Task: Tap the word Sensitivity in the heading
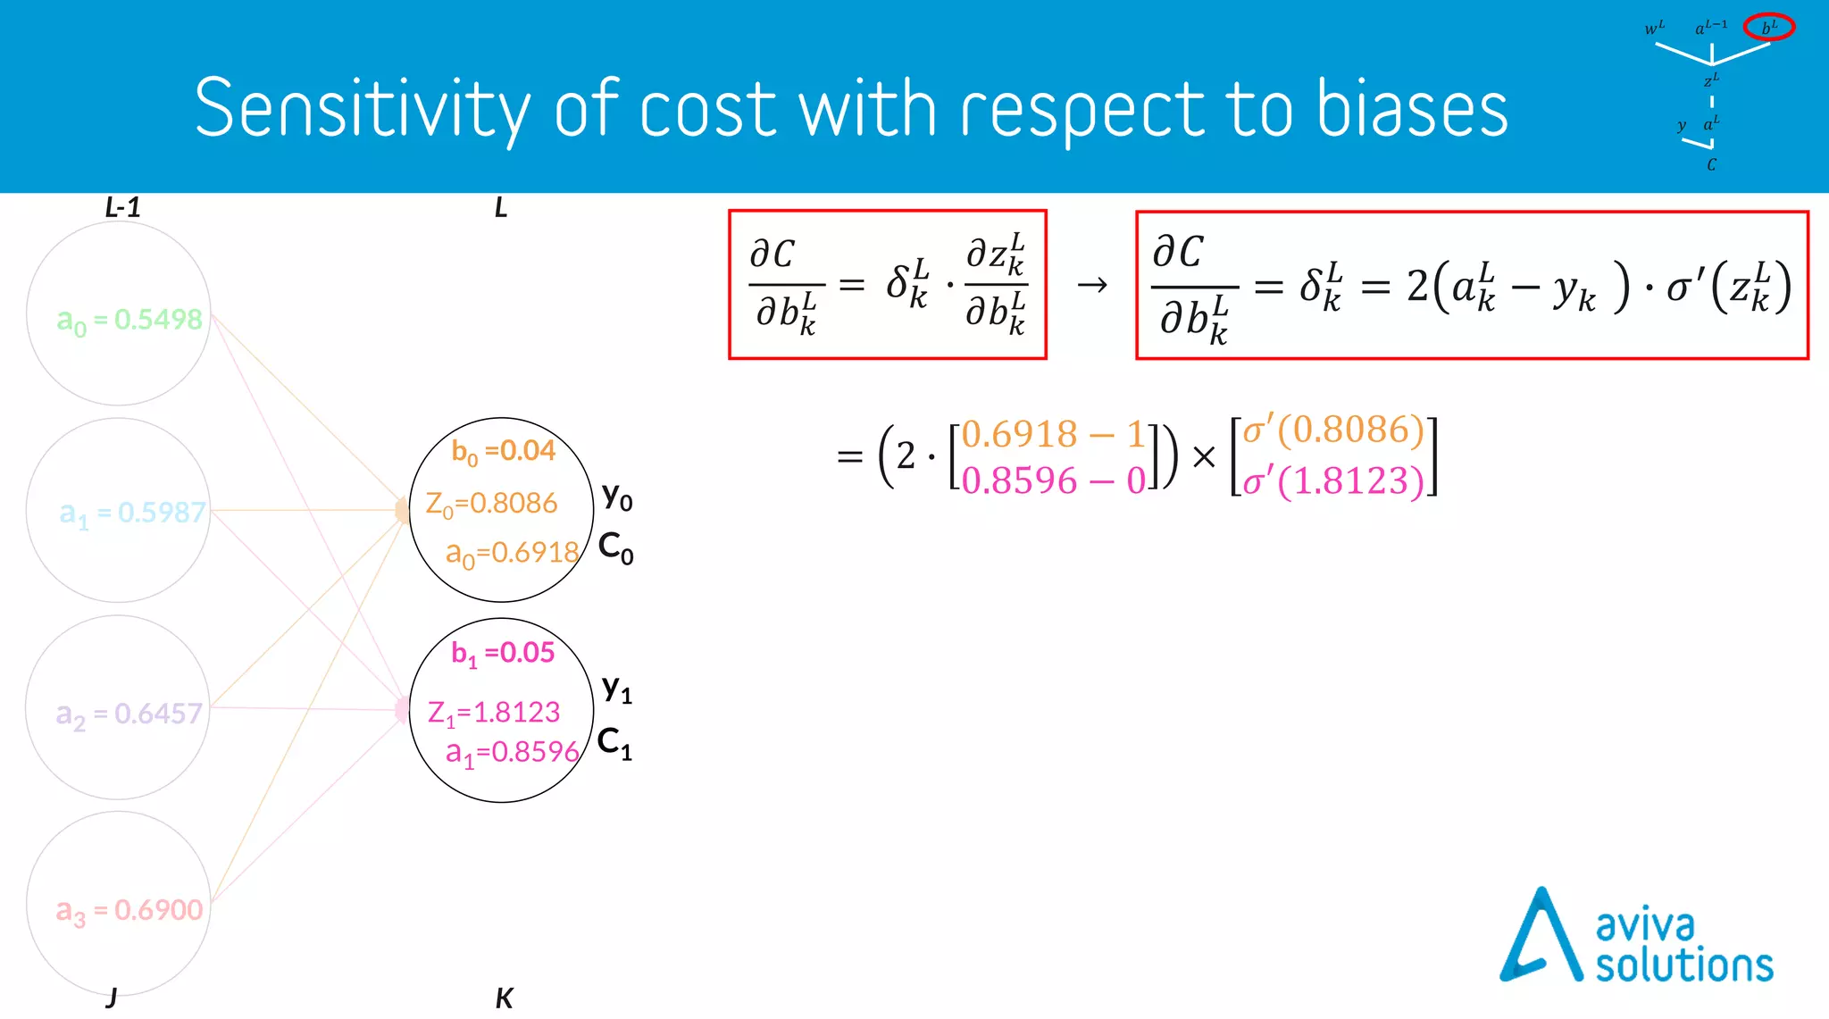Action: coord(362,110)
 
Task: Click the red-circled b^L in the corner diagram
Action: coord(1768,28)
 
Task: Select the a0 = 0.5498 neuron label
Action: coord(129,320)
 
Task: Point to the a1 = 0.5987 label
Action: coord(132,513)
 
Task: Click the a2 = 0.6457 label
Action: coord(129,714)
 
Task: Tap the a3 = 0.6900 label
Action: coord(129,910)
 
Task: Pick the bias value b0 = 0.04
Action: coord(503,451)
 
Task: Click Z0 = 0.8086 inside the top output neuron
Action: coord(491,504)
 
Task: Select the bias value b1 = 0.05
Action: coord(503,653)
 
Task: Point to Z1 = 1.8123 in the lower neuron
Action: coord(493,713)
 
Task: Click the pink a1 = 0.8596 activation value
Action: coord(512,752)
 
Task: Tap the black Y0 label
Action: coord(617,496)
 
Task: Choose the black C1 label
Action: coord(614,742)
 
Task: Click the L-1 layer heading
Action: coord(122,208)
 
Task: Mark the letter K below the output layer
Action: coord(504,998)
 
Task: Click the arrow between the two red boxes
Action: coord(1091,285)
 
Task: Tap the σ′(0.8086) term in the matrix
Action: coord(1333,430)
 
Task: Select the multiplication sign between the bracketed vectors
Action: coord(1204,457)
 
